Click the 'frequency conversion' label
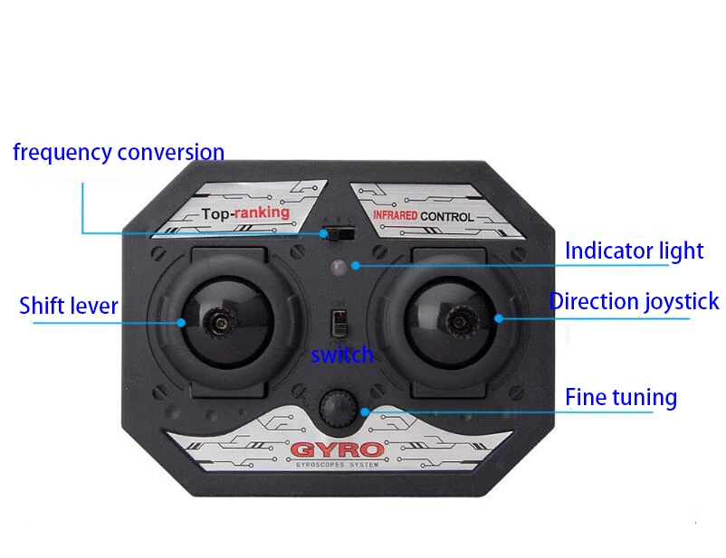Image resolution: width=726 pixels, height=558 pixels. click(118, 152)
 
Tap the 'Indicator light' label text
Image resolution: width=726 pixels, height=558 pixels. click(634, 251)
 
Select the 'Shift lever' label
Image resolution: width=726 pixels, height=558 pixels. click(69, 306)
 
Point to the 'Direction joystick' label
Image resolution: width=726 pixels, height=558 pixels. click(634, 301)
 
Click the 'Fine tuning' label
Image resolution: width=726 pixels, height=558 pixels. click(621, 397)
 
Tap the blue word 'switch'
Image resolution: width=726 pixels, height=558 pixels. click(342, 355)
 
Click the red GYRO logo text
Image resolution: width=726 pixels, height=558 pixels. click(336, 449)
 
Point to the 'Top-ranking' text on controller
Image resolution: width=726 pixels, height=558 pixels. click(246, 213)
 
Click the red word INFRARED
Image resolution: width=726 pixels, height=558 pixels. click(394, 217)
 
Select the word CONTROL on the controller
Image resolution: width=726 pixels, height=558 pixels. click(446, 217)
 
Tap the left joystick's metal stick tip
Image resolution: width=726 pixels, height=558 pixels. click(218, 319)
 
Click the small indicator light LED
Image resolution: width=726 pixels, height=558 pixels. click(339, 266)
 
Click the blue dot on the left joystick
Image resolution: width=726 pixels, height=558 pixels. click(183, 321)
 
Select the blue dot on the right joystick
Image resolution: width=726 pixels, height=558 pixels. click(498, 317)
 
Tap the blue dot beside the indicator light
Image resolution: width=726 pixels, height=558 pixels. click(358, 265)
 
